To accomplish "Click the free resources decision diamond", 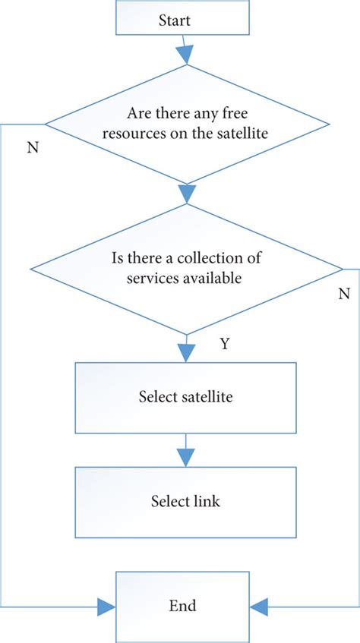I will (186, 125).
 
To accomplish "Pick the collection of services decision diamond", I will (186, 268).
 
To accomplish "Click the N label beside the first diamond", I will (32, 147).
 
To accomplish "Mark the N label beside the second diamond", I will (343, 293).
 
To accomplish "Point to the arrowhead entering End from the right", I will (260, 606).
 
